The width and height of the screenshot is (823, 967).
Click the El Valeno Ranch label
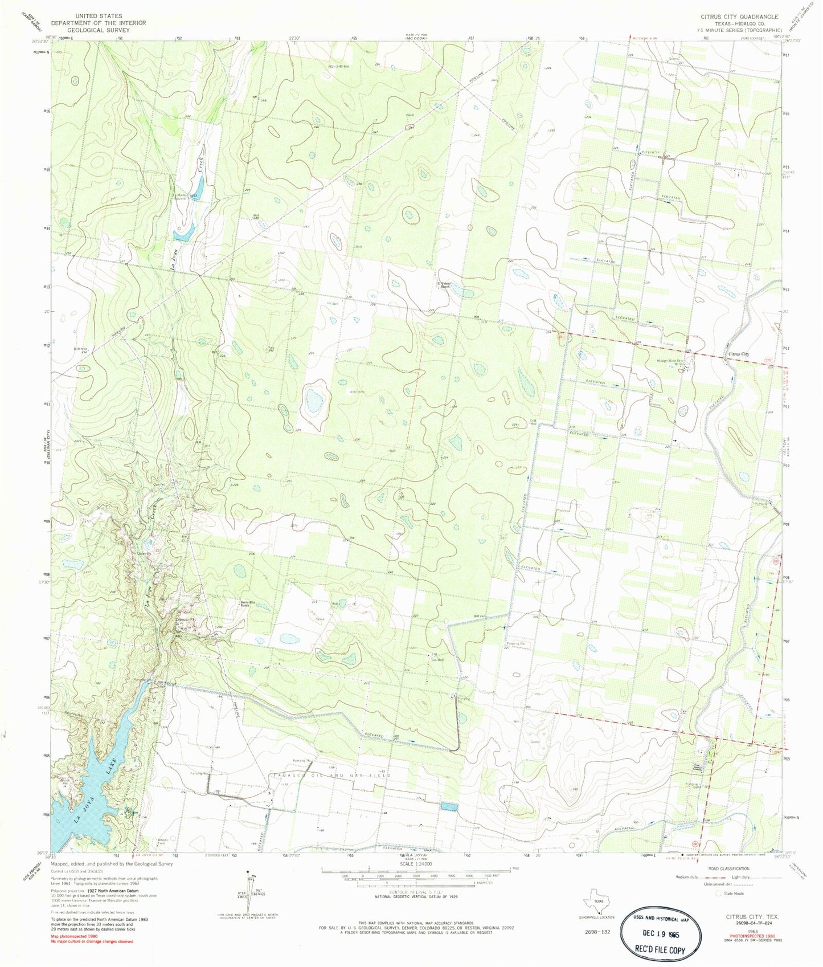coord(443,285)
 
